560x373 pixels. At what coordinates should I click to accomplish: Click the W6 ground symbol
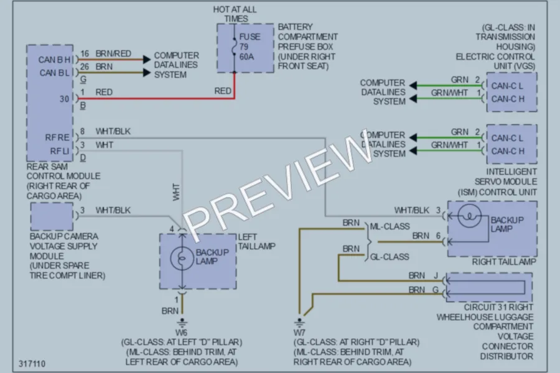point(182,323)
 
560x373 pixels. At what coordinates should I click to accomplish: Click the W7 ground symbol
point(299,323)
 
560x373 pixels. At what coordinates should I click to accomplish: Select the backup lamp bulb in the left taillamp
point(182,259)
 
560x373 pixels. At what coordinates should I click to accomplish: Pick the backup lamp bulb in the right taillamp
point(469,216)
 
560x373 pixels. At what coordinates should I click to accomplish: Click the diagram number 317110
point(32,364)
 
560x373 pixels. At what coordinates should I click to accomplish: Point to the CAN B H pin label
point(55,60)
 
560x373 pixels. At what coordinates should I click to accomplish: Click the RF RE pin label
point(57,137)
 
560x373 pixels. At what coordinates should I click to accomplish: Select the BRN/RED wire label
point(113,53)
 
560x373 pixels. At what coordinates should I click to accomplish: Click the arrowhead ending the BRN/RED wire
point(147,59)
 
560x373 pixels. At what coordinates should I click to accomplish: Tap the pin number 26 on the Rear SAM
point(85,67)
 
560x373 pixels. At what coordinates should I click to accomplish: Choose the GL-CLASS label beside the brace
point(390,257)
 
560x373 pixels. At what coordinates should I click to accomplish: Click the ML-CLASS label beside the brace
point(390,226)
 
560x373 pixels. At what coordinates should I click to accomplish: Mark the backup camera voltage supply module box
point(52,216)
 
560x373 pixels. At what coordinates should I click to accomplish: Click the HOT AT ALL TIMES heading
point(235,14)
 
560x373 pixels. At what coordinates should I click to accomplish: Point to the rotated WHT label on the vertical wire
point(176,192)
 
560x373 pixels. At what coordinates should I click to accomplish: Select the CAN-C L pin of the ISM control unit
point(507,138)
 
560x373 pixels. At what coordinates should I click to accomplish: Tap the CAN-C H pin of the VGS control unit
point(508,99)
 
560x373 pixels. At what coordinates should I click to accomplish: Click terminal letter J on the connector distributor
point(436,275)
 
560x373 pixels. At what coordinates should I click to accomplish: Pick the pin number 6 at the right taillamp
point(438,236)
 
